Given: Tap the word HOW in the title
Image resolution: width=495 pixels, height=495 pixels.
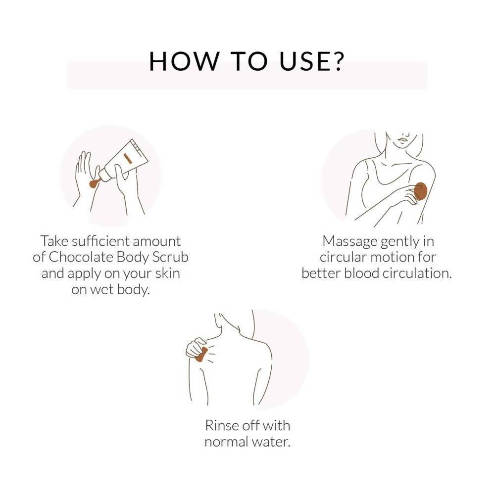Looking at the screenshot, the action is [x=184, y=61].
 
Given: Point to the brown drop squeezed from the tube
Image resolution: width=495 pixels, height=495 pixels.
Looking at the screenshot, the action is [x=94, y=183].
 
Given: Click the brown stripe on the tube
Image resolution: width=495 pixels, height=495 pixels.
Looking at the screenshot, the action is [x=128, y=158].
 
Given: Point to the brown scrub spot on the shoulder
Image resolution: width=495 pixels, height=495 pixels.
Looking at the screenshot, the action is [x=201, y=355].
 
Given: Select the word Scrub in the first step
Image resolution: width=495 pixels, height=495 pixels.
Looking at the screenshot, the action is [x=170, y=257].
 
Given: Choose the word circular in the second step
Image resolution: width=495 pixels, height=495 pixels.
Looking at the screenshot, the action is [x=343, y=257].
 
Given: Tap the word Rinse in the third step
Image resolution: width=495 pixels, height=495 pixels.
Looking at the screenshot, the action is [x=222, y=425].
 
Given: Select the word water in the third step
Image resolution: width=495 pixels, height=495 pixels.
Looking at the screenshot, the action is [x=271, y=442].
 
